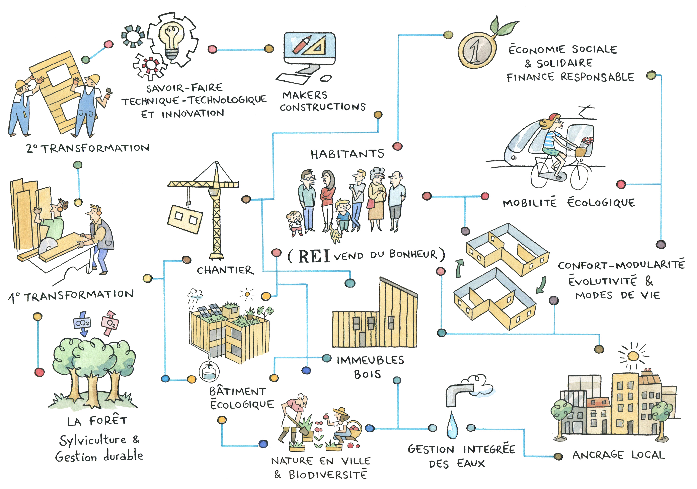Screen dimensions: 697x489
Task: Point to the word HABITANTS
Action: [x=347, y=154]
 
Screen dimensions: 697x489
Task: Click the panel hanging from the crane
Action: [x=184, y=219]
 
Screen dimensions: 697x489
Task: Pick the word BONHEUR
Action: [x=413, y=254]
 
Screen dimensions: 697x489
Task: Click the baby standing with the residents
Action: [x=295, y=223]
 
